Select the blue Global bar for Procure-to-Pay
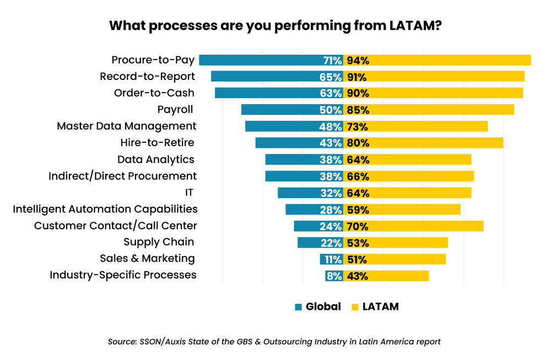coord(259,61)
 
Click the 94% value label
coord(358,61)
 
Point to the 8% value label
coord(333,276)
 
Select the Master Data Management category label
coord(126,126)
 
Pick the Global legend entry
coord(318,307)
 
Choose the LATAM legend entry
coord(375,307)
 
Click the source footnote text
coord(274,342)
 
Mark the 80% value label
coord(358,143)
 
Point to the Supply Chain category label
coord(159,242)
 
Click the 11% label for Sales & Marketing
coord(332,260)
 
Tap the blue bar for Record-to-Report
coord(264,77)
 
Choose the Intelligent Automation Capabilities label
coord(105,209)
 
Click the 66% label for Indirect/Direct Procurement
coord(358,176)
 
